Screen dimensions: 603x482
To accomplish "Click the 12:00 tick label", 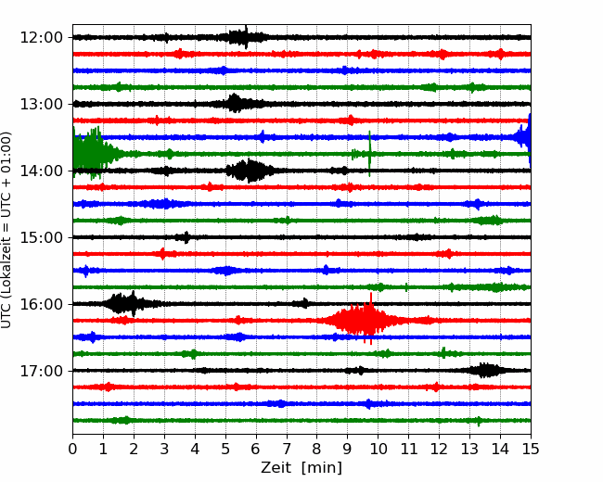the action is coord(41,38).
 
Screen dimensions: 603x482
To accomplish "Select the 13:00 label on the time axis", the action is coord(41,104).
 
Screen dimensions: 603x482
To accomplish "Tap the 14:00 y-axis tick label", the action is coord(41,171).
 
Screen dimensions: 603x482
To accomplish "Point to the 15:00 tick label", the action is coord(41,237).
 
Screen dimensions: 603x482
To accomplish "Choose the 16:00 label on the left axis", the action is coord(41,304).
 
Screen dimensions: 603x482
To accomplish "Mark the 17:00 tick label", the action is coord(41,371).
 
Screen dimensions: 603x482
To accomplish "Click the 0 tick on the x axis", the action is coord(72,449).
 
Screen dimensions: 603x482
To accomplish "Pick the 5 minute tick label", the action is coord(225,449).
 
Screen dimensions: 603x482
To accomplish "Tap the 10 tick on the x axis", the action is coord(378,449).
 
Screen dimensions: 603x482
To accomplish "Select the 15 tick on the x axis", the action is coord(531,449).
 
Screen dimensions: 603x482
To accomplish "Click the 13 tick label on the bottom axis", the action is coord(469,449).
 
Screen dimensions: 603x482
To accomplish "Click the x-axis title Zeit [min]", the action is coord(301,468).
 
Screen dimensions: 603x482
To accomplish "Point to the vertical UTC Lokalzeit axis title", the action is coord(6,230).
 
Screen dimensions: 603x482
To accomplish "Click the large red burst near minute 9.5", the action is coord(362,320).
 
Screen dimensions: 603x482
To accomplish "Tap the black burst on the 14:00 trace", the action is coord(250,171).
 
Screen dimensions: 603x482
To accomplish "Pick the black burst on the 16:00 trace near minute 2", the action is coord(127,304).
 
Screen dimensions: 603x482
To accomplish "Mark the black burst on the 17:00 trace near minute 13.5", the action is coord(486,371).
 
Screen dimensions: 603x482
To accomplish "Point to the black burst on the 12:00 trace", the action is coord(242,37).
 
